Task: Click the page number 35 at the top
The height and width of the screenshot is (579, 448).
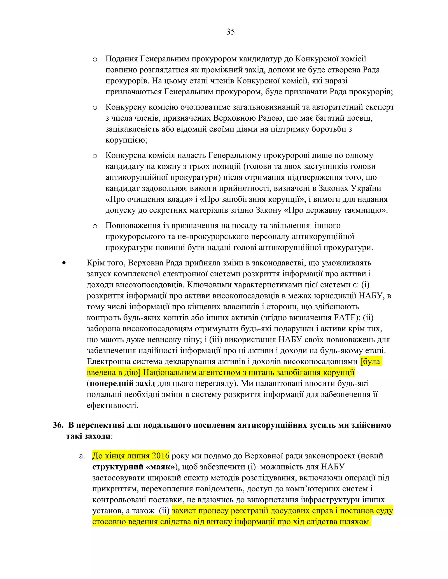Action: tap(230, 32)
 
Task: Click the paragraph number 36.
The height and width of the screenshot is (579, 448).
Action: tap(58, 425)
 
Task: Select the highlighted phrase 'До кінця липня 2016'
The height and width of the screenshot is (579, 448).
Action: tap(131, 456)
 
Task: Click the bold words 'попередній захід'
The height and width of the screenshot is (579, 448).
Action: tap(122, 383)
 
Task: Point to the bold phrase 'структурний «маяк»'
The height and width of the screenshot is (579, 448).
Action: tap(133, 467)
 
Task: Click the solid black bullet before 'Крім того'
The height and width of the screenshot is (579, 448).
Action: tap(64, 263)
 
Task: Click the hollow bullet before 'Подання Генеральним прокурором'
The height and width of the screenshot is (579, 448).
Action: tap(95, 59)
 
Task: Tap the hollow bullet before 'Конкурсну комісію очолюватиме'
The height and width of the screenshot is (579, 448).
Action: tap(95, 108)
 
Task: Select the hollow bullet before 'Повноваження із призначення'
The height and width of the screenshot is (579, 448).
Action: tap(95, 226)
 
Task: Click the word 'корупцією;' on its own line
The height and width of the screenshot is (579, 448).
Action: tap(126, 140)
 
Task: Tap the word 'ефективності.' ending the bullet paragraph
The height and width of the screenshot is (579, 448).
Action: tap(112, 405)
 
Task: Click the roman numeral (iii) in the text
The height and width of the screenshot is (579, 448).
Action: tap(215, 340)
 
